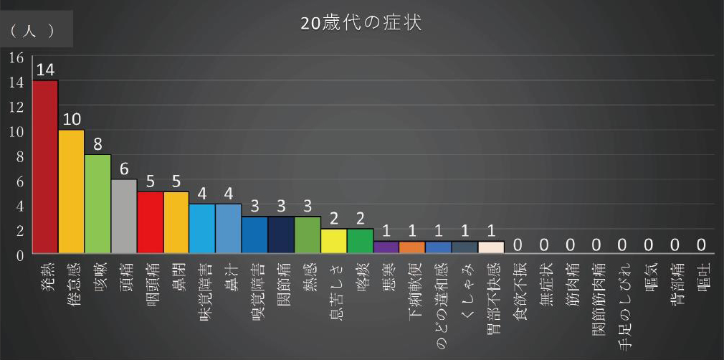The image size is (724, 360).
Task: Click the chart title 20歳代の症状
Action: click(361, 23)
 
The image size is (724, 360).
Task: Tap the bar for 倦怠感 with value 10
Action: click(71, 191)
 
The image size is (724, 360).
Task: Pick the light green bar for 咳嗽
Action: click(97, 204)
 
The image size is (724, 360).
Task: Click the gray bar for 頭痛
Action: click(124, 216)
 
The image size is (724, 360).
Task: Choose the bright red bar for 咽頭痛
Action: click(150, 222)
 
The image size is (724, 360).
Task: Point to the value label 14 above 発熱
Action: click(45, 70)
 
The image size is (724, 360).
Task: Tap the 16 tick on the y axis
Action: click(16, 57)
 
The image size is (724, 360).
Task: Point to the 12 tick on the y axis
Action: click(16, 107)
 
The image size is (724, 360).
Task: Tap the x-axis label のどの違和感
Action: click(439, 297)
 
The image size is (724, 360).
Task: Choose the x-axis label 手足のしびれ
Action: click(622, 298)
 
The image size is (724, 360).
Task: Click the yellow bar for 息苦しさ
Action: click(333, 241)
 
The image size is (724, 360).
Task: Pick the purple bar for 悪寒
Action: click(386, 247)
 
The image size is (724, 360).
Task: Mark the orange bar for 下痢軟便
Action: click(412, 247)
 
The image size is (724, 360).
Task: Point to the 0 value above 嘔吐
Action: click(701, 245)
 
